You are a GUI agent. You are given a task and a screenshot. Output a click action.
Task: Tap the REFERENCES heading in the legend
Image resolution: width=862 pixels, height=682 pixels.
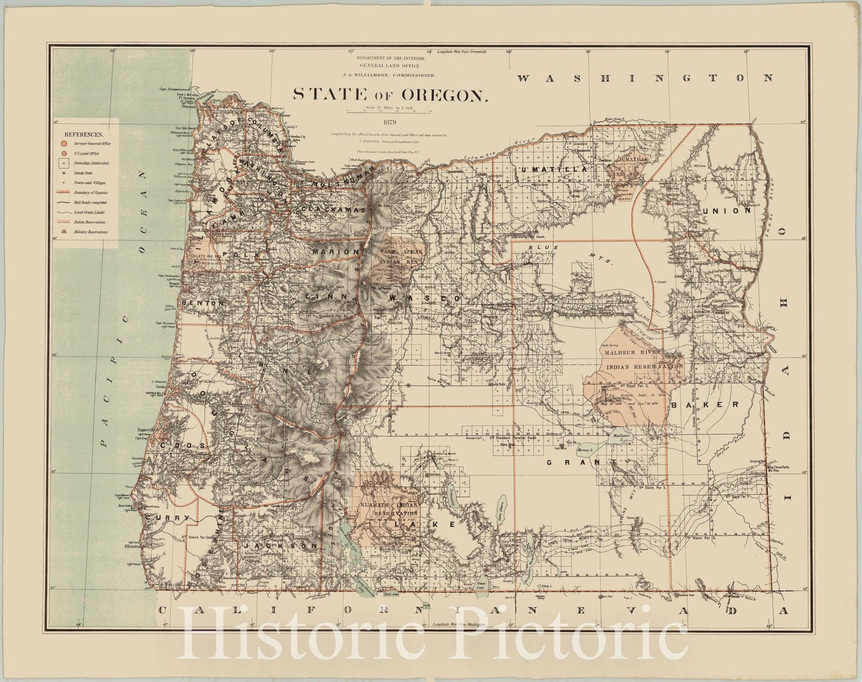tap(85, 132)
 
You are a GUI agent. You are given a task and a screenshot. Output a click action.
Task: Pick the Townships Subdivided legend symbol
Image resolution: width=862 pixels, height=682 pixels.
tap(64, 161)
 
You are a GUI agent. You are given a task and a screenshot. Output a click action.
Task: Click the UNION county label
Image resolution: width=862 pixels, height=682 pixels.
tap(726, 211)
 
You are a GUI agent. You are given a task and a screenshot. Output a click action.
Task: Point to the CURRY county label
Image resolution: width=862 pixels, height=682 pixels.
tap(169, 518)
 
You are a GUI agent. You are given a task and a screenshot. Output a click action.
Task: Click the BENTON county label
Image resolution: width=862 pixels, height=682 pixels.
tap(203, 303)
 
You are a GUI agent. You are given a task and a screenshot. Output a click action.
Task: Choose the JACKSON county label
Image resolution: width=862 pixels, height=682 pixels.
tap(280, 546)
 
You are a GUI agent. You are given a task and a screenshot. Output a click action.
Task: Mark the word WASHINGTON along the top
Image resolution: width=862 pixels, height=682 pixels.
tap(644, 78)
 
